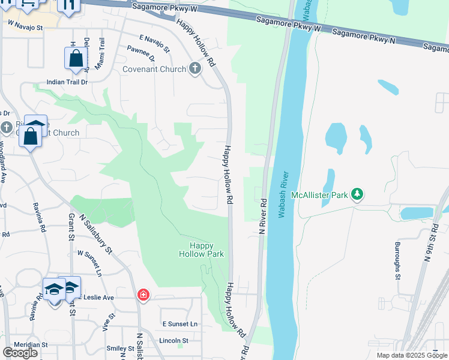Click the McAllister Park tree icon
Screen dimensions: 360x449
(x=357, y=194)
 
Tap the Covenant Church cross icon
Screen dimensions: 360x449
(x=194, y=69)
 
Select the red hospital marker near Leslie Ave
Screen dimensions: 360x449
(x=143, y=295)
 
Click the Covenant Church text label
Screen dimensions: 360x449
(x=154, y=69)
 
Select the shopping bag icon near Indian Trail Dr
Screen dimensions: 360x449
(x=76, y=59)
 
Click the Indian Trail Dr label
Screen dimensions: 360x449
(x=68, y=82)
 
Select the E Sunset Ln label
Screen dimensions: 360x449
(x=179, y=324)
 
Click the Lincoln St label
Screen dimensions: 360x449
(x=175, y=341)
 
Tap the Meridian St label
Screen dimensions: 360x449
(x=24, y=345)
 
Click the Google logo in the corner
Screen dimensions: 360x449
(x=20, y=352)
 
